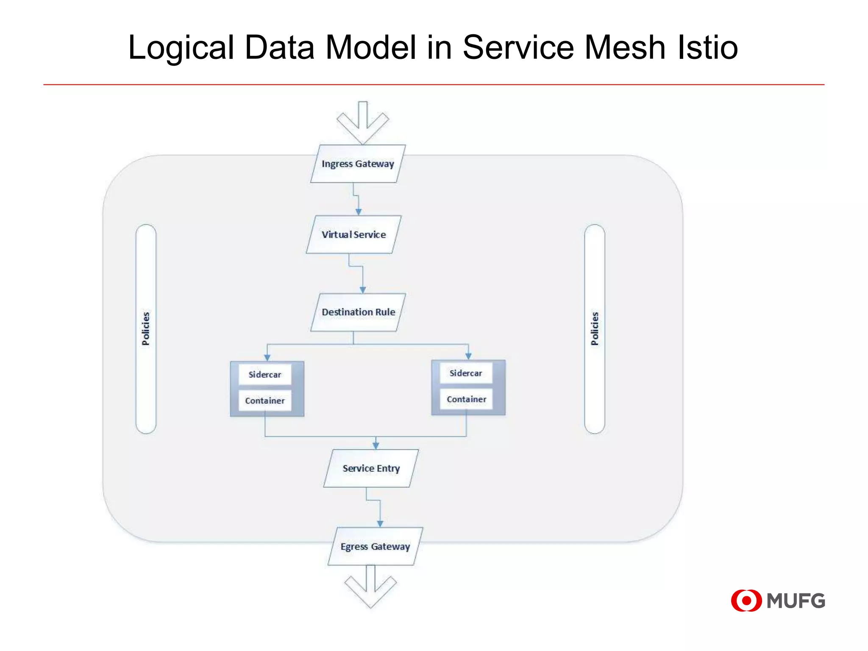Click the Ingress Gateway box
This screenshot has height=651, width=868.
point(358,164)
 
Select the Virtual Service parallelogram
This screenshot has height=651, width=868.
point(353,235)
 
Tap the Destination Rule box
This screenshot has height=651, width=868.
point(358,312)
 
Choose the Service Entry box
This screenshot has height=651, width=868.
point(371,468)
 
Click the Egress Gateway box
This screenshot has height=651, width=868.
point(375,546)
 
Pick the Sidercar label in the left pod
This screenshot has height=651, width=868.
point(265,375)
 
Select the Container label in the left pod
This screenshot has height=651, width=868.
point(265,401)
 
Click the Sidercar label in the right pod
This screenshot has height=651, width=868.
point(466,373)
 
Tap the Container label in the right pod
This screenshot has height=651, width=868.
point(466,399)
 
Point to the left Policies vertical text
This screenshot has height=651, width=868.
point(146,328)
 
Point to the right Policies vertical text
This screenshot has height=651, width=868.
point(595,328)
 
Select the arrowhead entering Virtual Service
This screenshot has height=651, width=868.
point(359,211)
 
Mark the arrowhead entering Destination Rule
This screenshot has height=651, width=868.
point(363,290)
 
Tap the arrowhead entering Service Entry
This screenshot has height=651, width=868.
point(376,445)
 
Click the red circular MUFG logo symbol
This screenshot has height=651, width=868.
point(746,601)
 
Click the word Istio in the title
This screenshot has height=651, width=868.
point(707,47)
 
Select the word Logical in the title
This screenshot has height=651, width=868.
point(181,47)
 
